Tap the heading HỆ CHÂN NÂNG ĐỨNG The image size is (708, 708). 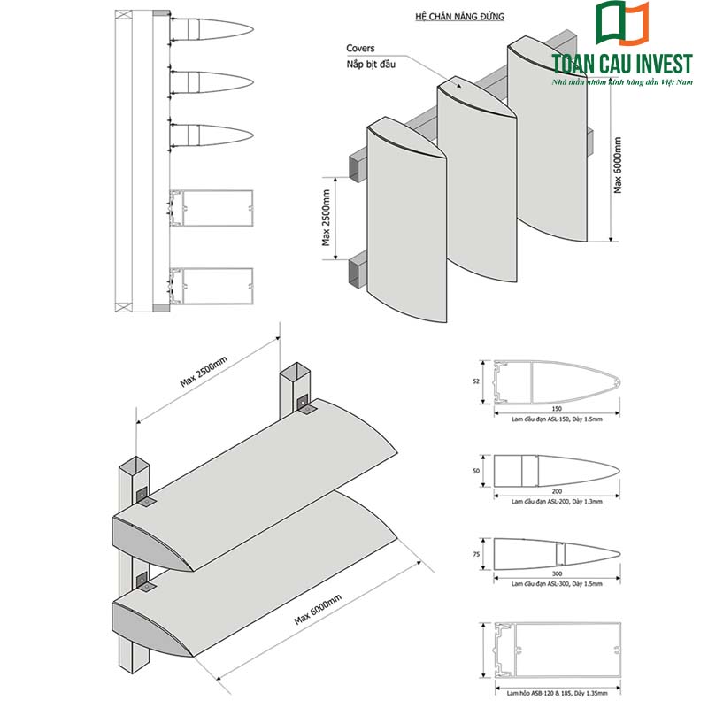coord(453,17)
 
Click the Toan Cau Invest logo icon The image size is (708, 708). coord(624,24)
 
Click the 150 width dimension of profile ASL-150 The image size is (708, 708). coord(557,408)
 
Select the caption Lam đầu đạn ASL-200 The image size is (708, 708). coord(557,500)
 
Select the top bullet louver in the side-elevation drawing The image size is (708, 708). coord(212,29)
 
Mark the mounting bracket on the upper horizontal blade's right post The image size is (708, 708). coord(304,405)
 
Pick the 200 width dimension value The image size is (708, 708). coord(557,490)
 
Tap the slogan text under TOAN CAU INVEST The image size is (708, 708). coord(620,81)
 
